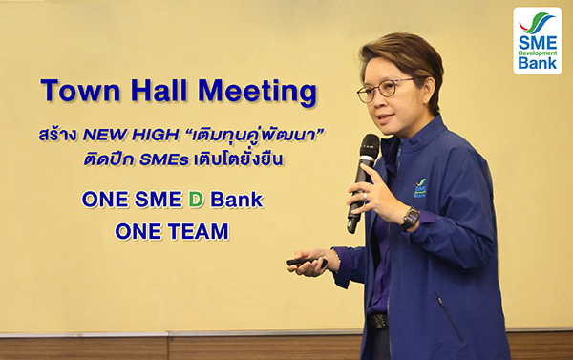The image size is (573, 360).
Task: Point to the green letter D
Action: pos(196,200)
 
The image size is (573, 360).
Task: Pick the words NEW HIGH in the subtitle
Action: pos(131,136)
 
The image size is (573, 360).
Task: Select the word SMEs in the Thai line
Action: pos(164,159)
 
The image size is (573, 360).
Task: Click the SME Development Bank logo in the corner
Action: pos(537,41)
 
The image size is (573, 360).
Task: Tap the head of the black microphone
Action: pos(370,146)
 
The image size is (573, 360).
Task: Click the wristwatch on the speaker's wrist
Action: pos(411,218)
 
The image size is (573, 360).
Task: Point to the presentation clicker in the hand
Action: pos(307,262)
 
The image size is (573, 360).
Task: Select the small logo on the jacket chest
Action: pos(420,188)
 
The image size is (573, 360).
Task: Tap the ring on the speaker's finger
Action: pos(365,197)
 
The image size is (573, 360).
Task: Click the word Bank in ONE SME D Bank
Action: pos(237,200)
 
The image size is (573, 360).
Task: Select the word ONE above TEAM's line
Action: pos(105,200)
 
